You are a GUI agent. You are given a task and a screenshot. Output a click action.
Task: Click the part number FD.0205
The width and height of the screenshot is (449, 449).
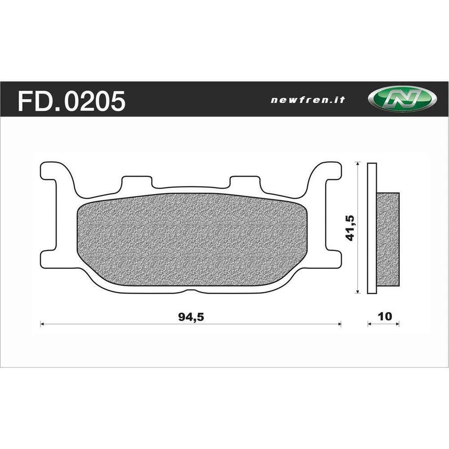pyautogui.click(x=72, y=101)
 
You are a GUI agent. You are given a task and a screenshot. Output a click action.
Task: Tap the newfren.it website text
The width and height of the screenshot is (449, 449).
pyautogui.click(x=308, y=100)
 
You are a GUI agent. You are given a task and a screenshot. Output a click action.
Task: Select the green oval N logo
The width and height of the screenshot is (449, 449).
pyautogui.click(x=403, y=100)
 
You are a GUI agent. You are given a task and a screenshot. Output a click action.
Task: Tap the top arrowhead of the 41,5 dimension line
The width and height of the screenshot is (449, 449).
pyautogui.click(x=358, y=164)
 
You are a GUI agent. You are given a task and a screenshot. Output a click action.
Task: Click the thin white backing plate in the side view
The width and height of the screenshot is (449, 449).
pyautogui.click(x=372, y=228)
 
